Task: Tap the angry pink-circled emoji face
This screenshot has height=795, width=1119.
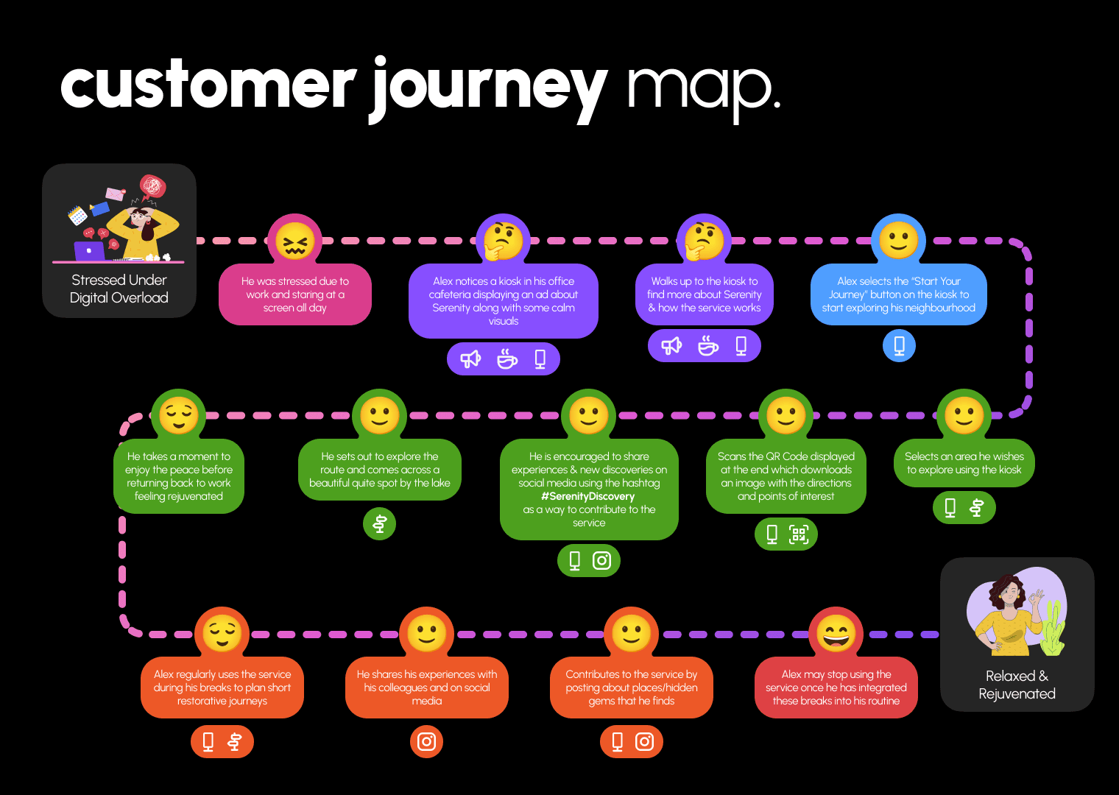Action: [x=294, y=241]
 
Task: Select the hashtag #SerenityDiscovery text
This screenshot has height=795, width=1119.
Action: [x=588, y=496]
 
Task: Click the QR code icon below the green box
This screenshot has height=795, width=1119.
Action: [x=799, y=534]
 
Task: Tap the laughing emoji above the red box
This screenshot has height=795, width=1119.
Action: [x=836, y=633]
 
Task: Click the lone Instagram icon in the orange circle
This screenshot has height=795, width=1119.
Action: [x=426, y=741]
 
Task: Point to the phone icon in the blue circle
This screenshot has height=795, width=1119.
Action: [x=899, y=345]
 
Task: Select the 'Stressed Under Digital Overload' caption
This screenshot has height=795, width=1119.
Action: [x=119, y=289]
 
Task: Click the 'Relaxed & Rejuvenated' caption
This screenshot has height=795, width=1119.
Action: [x=1017, y=685]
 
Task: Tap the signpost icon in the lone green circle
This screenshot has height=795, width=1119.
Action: [x=380, y=524]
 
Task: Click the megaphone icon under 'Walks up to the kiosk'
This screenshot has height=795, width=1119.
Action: [x=671, y=346]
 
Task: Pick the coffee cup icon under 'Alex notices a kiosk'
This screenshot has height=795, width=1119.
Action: [x=507, y=359]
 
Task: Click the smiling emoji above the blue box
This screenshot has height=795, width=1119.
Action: [x=899, y=240]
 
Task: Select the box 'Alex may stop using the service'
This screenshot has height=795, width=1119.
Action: [x=836, y=688]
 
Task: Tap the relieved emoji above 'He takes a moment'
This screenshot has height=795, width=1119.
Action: [x=179, y=415]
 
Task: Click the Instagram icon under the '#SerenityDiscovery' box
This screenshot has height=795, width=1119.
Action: [x=601, y=561]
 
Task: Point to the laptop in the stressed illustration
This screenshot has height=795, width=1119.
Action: [x=90, y=251]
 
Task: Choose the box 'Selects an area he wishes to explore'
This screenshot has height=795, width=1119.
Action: [x=964, y=462]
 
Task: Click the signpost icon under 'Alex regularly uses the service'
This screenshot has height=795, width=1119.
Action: [x=235, y=741]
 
